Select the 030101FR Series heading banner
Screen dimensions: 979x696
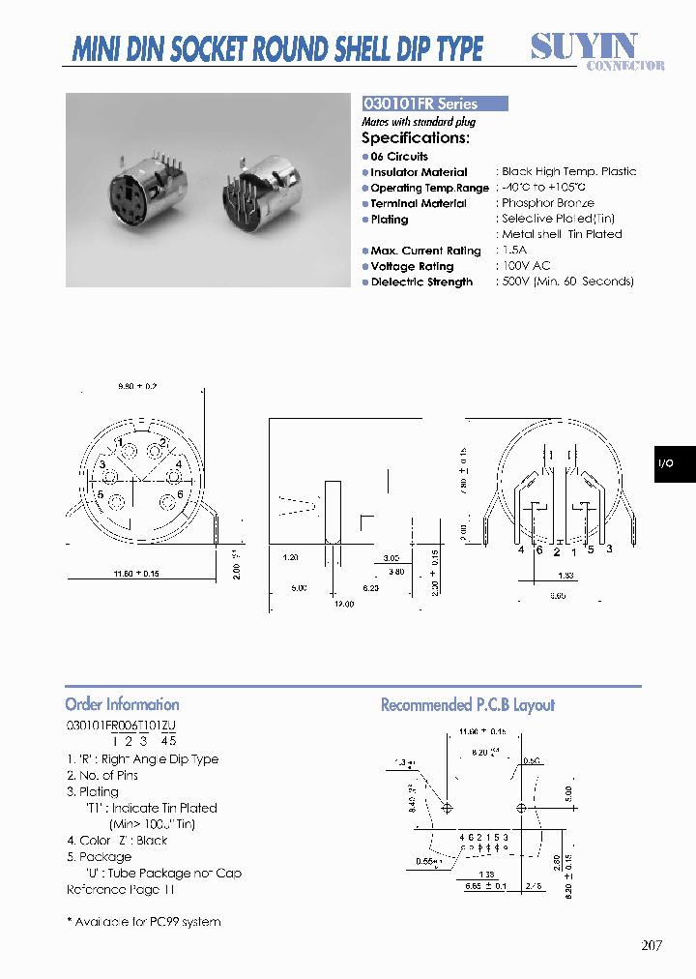434,104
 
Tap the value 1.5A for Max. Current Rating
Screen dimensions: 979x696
514,251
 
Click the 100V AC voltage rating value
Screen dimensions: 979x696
527,266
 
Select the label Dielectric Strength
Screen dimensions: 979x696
421,282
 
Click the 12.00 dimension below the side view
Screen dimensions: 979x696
345,604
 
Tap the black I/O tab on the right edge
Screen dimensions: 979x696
673,464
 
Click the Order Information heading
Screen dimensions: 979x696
122,704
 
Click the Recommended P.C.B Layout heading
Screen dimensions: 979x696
467,705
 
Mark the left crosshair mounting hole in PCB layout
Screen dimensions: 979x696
447,807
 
